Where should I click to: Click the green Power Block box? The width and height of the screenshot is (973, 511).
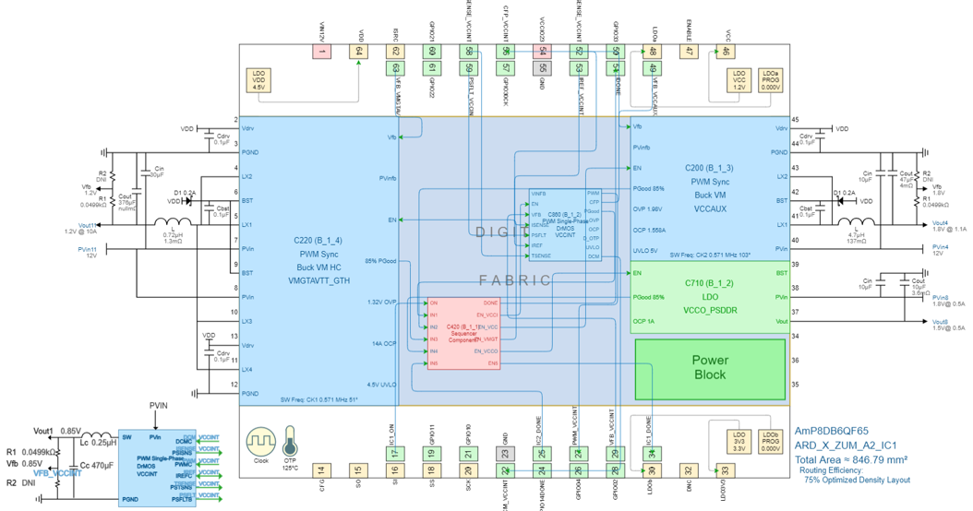click(710, 367)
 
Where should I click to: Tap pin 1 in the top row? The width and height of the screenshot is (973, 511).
click(322, 53)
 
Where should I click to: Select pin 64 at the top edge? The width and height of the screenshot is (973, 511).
click(358, 53)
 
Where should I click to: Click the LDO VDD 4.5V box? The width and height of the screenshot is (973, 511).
click(258, 81)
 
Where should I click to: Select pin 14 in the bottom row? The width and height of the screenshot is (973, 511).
click(321, 470)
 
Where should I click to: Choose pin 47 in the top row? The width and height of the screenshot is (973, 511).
click(689, 53)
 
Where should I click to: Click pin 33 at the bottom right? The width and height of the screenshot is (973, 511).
click(725, 470)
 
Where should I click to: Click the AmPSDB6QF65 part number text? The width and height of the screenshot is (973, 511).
click(832, 431)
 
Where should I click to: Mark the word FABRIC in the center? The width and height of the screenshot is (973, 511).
click(514, 279)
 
